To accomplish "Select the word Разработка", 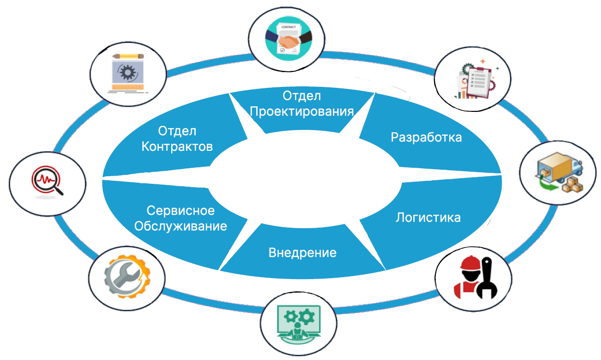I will click(x=426, y=137).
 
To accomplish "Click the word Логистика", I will click(x=428, y=218).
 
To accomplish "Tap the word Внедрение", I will click(x=302, y=252).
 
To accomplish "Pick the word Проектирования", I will click(x=302, y=111).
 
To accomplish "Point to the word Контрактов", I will click(x=177, y=147).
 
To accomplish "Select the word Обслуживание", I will click(x=181, y=226).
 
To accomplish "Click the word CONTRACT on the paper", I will click(x=289, y=26).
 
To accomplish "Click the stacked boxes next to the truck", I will click(x=572, y=185).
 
